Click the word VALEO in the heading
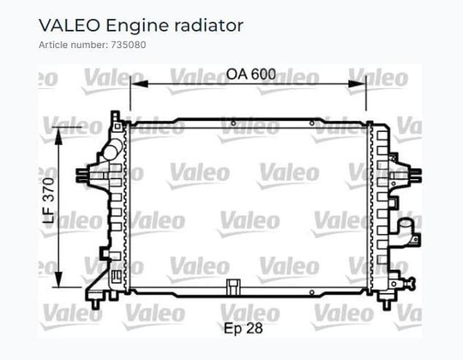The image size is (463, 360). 69,26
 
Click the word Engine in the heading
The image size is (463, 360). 137,27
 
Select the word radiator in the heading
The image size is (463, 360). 209,26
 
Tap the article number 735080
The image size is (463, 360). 129,45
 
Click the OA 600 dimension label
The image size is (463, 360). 251,74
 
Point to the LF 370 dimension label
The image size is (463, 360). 49,200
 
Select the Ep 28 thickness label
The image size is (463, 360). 244,328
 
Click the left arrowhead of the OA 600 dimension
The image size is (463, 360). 140,84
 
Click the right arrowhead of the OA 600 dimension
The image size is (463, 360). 357,84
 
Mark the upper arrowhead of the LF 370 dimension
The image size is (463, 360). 59,135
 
